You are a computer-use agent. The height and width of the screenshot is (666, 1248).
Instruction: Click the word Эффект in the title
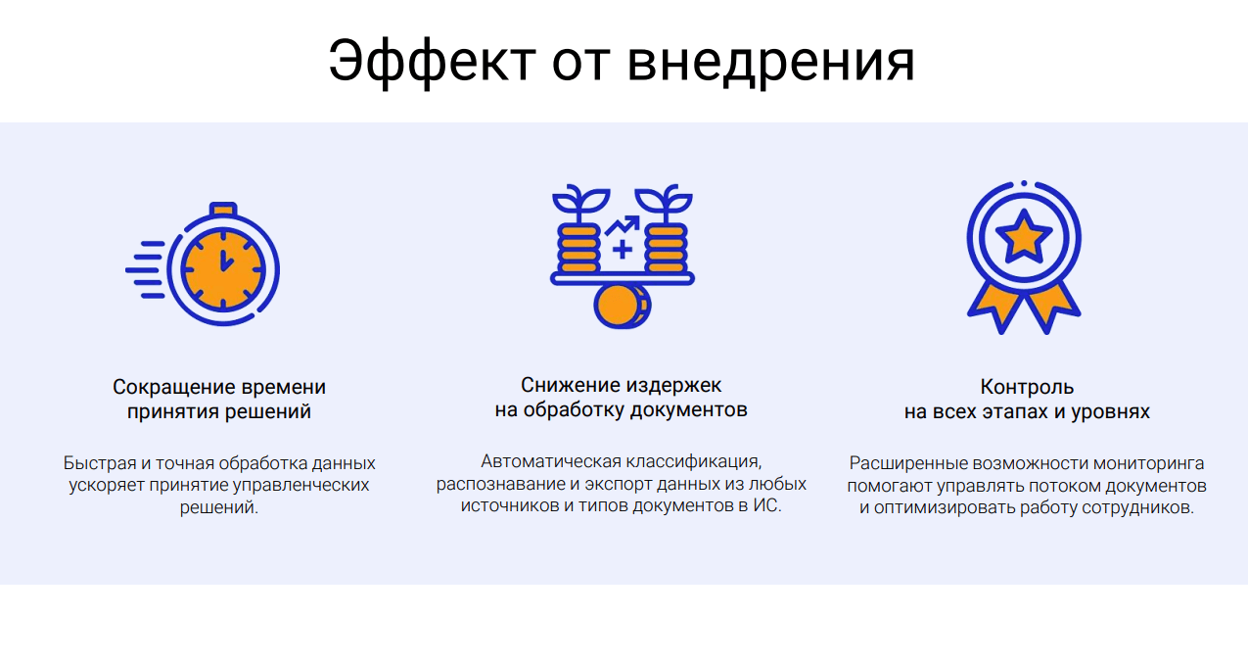433,62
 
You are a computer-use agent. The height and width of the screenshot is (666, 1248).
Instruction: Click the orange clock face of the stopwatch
223,269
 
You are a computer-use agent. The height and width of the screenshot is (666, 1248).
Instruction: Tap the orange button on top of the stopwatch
223,210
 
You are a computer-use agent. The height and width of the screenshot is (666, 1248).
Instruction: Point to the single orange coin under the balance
620,306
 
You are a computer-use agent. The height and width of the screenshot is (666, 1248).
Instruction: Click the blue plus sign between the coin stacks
623,249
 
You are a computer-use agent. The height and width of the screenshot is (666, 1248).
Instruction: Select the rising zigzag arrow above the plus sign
623,224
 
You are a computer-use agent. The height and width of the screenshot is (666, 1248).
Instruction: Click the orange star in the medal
1024,237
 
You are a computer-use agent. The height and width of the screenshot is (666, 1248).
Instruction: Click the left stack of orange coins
578,249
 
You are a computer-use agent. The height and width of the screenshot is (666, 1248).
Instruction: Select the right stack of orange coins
666,249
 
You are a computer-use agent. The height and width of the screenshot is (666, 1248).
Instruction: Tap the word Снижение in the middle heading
570,385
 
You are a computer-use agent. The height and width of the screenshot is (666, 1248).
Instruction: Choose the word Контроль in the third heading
1027,387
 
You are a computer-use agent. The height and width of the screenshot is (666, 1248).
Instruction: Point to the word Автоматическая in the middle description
551,461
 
